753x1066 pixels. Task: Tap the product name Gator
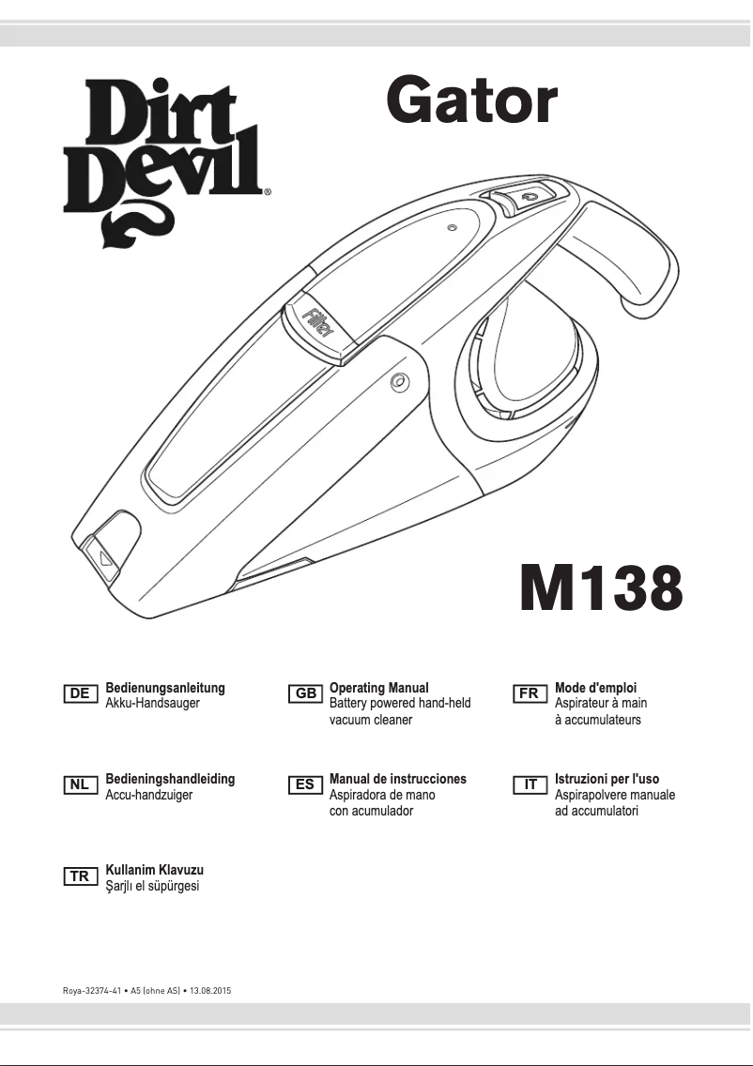coord(472,102)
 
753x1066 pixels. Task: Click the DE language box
coord(81,694)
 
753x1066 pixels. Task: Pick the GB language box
coord(306,694)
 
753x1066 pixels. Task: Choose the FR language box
coord(529,694)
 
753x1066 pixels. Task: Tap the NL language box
coord(81,785)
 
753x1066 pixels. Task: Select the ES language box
coord(306,785)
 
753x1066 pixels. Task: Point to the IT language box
coord(529,785)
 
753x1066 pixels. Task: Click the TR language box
coord(81,876)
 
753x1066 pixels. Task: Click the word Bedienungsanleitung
coord(165,688)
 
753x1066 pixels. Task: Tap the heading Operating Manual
coord(379,688)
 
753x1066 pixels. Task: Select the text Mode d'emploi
coord(596,688)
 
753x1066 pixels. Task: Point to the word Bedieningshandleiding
coord(170,779)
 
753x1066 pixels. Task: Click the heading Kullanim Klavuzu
coord(155,870)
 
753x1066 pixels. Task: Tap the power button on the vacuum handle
coord(527,197)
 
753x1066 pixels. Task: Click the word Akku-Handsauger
coord(153,703)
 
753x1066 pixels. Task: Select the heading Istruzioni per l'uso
coord(607,779)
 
